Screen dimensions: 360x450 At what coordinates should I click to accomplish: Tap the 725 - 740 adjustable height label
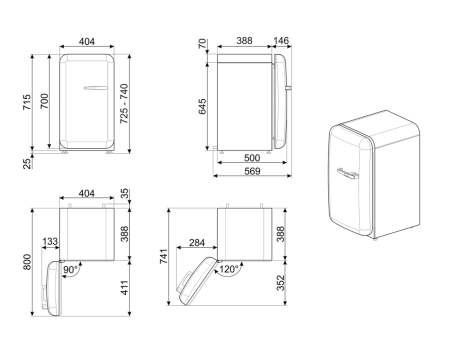(150, 105)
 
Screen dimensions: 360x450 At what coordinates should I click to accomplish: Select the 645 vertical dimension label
(203, 105)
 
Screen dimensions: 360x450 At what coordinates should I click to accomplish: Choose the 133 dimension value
(49, 241)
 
